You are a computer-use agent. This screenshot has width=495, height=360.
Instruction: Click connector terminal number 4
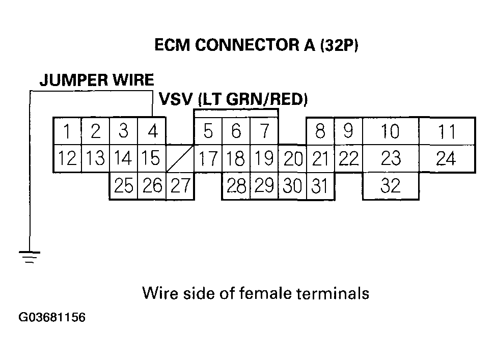152,132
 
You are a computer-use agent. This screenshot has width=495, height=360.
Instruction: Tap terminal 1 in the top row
67,132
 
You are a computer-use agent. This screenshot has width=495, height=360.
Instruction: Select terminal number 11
447,132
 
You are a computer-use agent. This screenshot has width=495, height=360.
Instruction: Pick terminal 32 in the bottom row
391,186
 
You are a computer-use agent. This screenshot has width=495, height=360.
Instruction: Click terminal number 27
180,186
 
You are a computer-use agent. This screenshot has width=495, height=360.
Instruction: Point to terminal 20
293,159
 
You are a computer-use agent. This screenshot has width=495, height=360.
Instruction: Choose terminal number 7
264,132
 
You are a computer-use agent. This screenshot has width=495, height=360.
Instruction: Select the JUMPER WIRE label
97,80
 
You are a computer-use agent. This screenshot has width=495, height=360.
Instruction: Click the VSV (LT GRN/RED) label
234,99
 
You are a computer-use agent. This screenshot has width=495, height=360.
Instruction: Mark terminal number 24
446,159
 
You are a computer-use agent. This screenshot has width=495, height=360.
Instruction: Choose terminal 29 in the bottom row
264,186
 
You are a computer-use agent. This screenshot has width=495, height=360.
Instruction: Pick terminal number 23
391,159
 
